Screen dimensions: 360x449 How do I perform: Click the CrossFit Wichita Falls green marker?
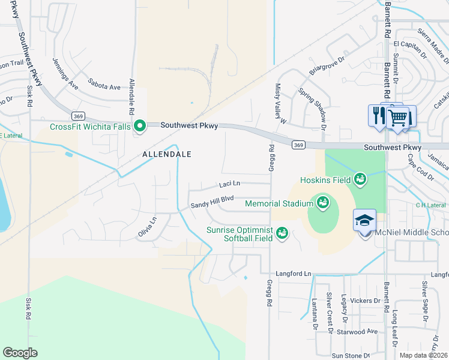pos(140,126)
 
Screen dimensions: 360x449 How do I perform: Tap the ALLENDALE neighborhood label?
pos(167,154)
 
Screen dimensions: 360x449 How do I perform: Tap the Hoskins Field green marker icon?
pos(360,179)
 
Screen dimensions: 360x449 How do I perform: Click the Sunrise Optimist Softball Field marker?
pos(281,232)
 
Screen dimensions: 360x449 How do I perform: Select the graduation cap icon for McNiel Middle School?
pos(364,220)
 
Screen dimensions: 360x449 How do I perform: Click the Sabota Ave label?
pos(104,87)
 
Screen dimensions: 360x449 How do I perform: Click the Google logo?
pos(20,353)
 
